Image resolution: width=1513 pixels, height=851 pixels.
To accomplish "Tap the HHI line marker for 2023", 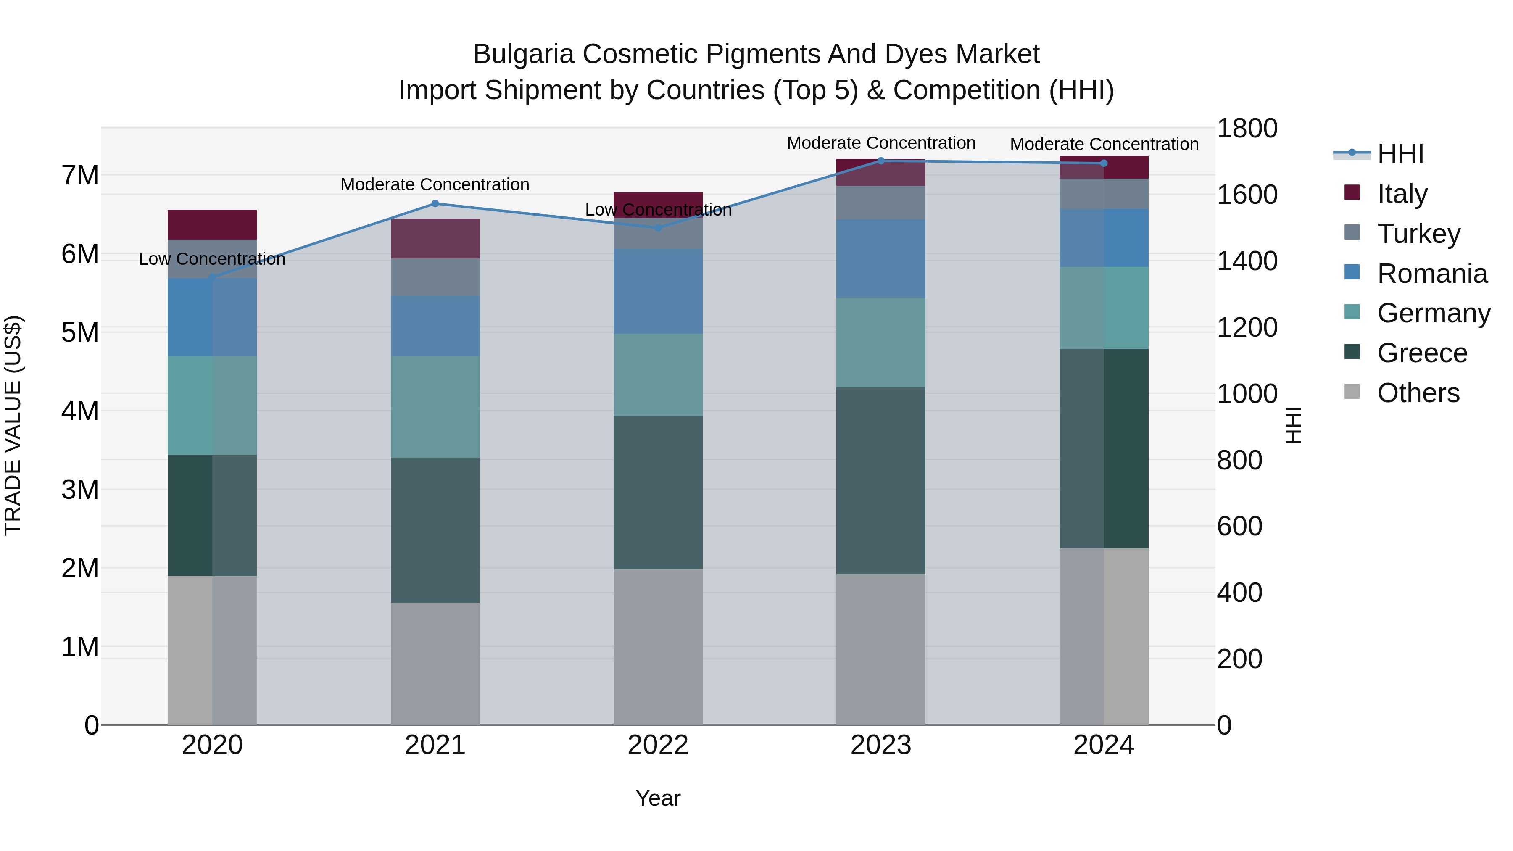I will pos(880,161).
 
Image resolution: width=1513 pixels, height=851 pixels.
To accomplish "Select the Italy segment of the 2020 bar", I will pos(212,224).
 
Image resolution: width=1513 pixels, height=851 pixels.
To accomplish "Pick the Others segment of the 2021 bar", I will pos(435,664).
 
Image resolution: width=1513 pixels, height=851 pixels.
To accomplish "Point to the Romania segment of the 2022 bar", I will pos(658,291).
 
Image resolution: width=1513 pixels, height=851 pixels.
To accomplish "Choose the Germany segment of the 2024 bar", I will pos(1104,308).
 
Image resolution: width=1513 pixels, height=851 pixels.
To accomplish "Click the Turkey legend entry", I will pos(1418,234).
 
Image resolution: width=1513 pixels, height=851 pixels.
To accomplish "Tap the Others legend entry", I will pos(1418,393).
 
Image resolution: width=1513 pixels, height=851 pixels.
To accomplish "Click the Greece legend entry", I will pos(1421,353).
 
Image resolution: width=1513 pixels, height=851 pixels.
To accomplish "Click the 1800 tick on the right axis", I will pos(1247,128).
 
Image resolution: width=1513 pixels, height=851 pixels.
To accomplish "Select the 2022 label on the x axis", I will pos(658,745).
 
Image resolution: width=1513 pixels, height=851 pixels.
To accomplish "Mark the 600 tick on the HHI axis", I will pos(1239,526).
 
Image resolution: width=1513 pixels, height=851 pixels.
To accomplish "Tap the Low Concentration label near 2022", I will pos(658,210).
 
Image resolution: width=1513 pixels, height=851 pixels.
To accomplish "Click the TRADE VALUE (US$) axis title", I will pos(13,425).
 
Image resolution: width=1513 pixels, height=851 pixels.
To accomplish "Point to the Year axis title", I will pos(658,798).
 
